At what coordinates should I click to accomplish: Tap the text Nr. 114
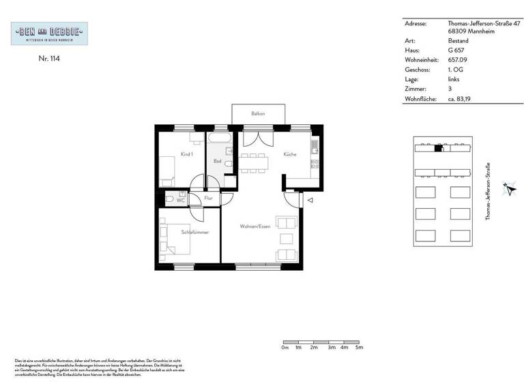49,59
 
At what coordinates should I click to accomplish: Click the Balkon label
258,113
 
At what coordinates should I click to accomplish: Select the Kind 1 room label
187,154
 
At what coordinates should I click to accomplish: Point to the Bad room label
217,162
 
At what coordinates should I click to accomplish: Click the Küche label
290,154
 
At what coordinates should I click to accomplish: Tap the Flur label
208,199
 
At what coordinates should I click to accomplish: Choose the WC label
181,201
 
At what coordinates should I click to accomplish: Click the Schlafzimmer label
194,233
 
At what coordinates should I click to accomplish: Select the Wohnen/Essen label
255,226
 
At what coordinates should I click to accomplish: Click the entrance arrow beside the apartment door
309,201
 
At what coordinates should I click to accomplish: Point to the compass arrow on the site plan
507,188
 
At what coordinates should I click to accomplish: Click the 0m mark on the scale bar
285,348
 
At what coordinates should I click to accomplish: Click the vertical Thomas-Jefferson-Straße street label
487,192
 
